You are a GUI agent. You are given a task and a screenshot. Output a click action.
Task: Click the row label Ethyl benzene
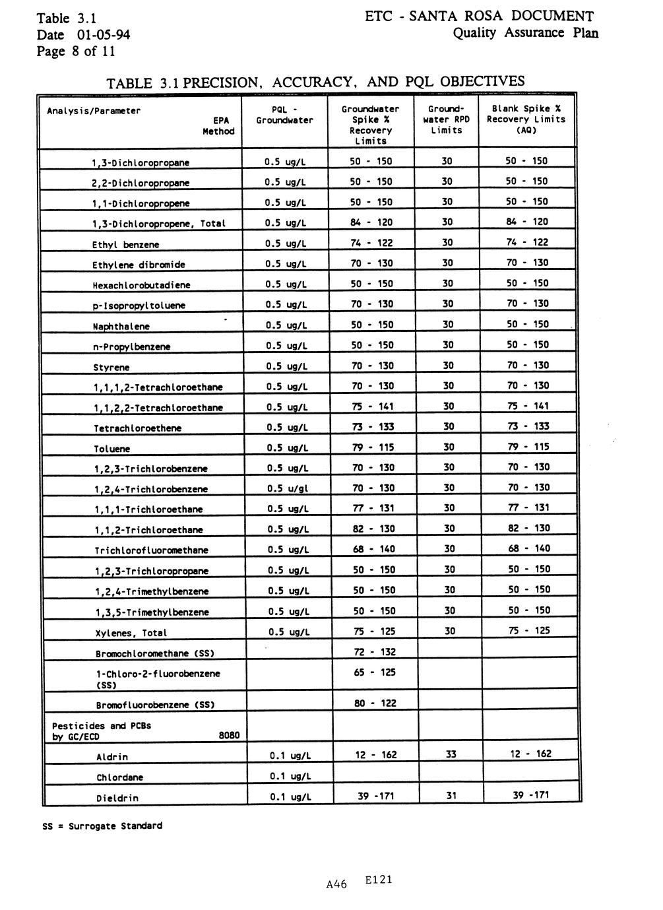125,245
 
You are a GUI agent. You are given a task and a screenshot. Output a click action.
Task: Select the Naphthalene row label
121,327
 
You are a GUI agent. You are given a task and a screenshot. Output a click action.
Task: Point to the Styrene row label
111,368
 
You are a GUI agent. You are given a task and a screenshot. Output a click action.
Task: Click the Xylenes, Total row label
131,633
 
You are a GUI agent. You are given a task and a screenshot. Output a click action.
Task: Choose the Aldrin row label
112,757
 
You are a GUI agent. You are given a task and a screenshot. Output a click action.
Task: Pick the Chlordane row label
119,777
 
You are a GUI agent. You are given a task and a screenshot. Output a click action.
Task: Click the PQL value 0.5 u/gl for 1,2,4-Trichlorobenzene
288,488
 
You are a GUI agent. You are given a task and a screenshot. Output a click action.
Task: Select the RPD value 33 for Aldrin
451,754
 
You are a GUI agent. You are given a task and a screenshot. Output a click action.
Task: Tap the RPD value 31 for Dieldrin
451,796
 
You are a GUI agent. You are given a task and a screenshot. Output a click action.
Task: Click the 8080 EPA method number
229,736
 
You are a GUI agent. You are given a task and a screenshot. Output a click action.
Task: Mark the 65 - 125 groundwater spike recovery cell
375,672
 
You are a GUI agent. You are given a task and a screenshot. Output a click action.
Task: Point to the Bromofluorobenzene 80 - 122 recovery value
375,703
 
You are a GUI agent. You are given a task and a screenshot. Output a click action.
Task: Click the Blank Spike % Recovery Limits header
526,119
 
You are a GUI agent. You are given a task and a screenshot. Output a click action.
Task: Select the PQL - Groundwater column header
284,115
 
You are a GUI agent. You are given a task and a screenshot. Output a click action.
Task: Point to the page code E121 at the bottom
378,880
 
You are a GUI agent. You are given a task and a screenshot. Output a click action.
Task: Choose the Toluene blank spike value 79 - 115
528,447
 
